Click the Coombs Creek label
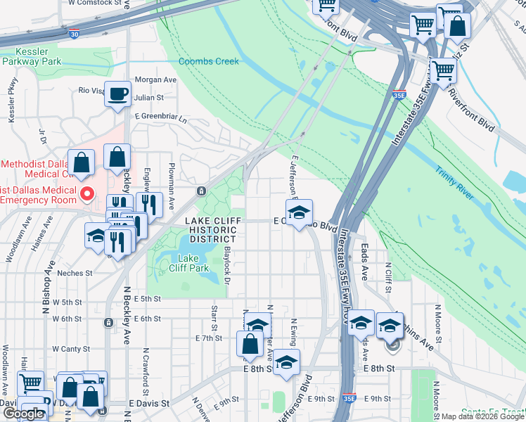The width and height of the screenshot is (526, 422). (208, 61)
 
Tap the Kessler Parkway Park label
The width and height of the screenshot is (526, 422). (32, 56)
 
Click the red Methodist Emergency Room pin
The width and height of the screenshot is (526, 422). (87, 193)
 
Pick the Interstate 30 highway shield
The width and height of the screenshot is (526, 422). (75, 33)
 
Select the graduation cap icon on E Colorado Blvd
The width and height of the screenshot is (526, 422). (299, 212)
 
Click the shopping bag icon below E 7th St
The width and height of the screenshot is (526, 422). (251, 345)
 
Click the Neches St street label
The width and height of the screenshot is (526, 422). (75, 273)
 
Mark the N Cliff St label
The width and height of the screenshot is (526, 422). (388, 276)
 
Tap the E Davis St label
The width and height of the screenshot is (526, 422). (149, 404)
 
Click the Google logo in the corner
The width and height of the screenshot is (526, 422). (23, 414)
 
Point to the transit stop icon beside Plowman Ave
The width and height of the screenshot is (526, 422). (202, 191)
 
